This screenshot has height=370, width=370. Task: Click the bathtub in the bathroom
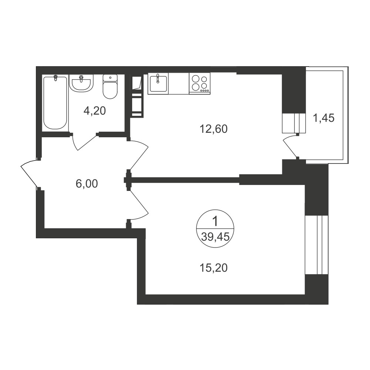[55, 102]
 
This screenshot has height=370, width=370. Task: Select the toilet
[110, 87]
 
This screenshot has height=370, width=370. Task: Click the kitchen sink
[158, 83]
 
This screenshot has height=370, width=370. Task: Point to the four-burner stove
[200, 84]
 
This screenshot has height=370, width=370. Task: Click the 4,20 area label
[95, 111]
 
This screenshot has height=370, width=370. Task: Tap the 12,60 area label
[213, 129]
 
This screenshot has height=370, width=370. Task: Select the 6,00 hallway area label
[87, 184]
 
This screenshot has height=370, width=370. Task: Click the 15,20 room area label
[213, 268]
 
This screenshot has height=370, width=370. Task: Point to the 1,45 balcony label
[323, 118]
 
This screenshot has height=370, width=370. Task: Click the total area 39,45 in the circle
[215, 236]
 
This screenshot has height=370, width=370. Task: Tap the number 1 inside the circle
[215, 222]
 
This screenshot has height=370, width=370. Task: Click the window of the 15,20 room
[317, 245]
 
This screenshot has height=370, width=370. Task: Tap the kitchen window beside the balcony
[294, 123]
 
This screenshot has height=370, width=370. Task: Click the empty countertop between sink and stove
[179, 84]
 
